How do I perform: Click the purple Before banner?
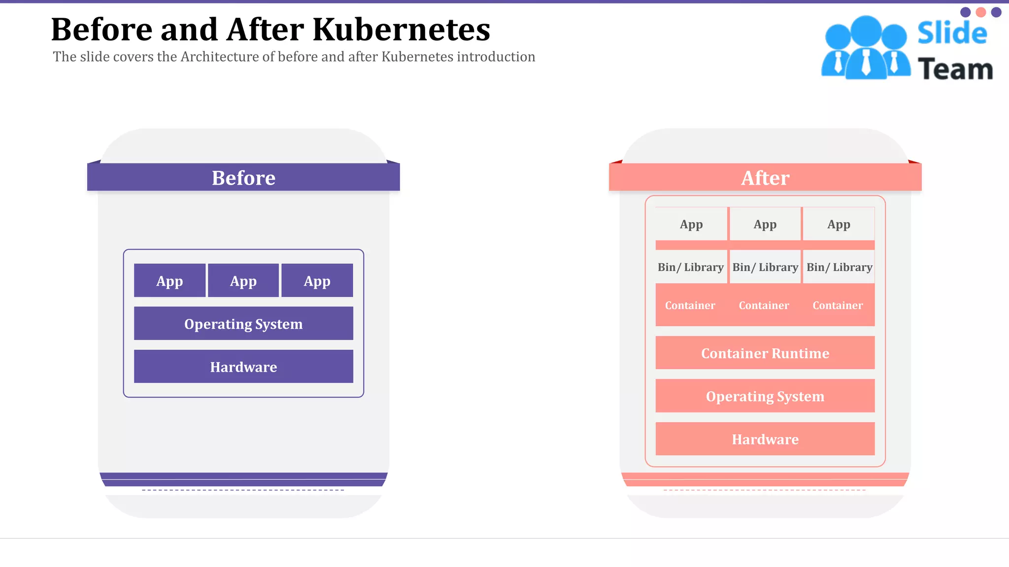(x=243, y=177)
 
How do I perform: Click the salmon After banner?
(x=765, y=177)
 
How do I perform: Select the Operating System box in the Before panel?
(x=243, y=323)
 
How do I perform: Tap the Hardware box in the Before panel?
(x=243, y=367)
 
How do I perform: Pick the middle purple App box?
(x=243, y=281)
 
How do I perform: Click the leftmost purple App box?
(x=169, y=281)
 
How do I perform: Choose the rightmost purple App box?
(x=317, y=281)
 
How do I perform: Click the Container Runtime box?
(x=765, y=353)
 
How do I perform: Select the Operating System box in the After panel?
(x=765, y=396)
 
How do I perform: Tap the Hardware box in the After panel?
(x=765, y=439)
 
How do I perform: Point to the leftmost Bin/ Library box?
(x=691, y=267)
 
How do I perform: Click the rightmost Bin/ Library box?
(x=839, y=267)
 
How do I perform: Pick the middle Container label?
(x=764, y=305)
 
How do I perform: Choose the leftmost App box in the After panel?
(x=691, y=224)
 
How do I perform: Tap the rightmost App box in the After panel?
(x=839, y=224)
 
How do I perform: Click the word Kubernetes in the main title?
(x=402, y=30)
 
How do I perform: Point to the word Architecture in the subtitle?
(x=220, y=57)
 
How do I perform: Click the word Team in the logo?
(x=955, y=69)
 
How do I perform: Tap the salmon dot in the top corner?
(x=981, y=12)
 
